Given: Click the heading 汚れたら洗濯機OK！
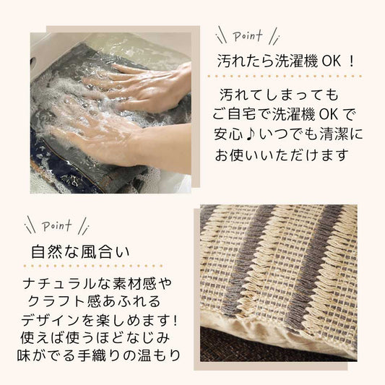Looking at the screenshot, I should coord(287,61).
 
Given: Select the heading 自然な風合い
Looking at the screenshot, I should coord(80,253).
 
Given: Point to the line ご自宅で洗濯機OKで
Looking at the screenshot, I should coord(285,114).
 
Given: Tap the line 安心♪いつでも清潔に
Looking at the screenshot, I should coord(287,134).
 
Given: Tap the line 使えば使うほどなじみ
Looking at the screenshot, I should coord(98,338).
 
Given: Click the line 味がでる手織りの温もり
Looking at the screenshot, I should coord(98,356).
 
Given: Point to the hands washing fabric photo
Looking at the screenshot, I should coord(111,112).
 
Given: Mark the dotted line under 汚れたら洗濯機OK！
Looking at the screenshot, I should coord(290,76).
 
